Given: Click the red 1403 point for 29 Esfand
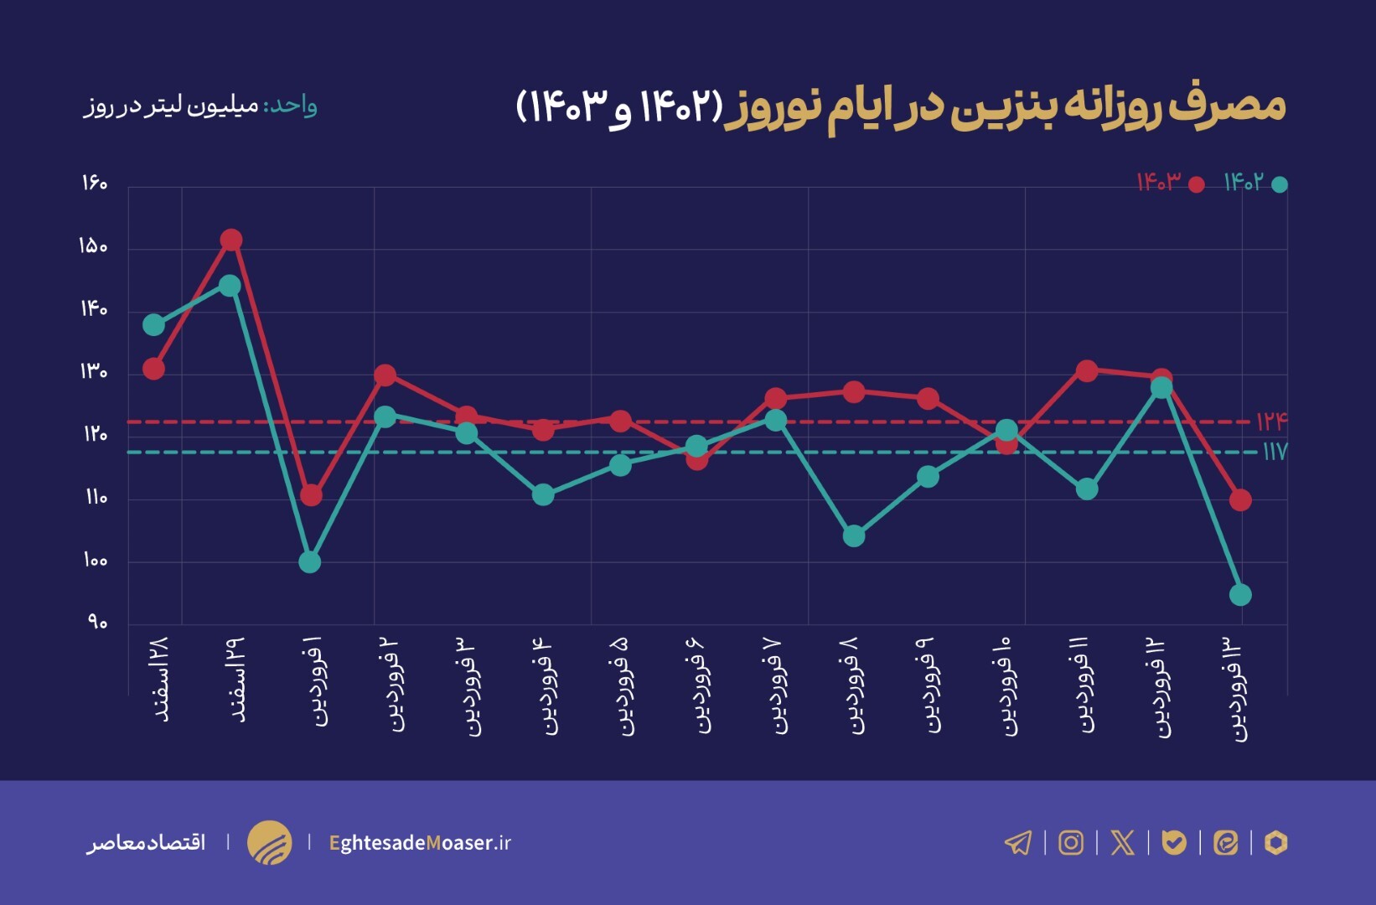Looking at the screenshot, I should (231, 240).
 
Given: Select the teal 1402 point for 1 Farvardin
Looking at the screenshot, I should (310, 561).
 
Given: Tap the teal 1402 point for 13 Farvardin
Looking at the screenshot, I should (1240, 595).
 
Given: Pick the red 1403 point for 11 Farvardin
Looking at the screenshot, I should (1087, 371).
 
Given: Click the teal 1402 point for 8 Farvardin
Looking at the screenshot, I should (854, 535).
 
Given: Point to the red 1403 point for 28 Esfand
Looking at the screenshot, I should (153, 369).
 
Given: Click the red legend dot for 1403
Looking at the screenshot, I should (1197, 184).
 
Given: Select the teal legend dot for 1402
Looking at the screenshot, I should (1280, 184).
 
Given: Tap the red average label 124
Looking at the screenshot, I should (1270, 421).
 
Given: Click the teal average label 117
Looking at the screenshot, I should (1274, 452).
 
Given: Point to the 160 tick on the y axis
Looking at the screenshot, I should (95, 184).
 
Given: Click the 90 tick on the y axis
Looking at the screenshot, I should (97, 623).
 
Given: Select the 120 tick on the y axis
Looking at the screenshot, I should (95, 434).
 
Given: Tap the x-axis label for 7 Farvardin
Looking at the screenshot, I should (776, 685).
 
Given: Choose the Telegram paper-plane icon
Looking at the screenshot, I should (1018, 842).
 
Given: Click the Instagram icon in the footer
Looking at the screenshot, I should (1071, 842).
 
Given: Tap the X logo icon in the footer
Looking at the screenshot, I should (1122, 842).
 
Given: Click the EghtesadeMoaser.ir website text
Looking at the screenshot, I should (420, 842).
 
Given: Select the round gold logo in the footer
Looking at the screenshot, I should (269, 842).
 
